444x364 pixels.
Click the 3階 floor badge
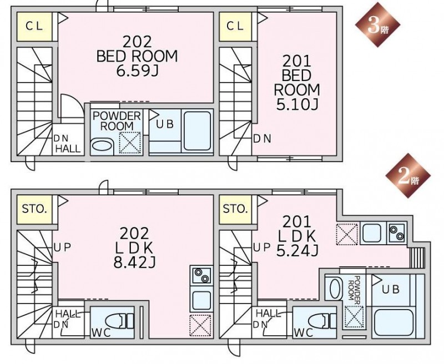(378, 25)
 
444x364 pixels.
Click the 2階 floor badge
(408, 176)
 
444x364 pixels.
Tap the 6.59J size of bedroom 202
(137, 71)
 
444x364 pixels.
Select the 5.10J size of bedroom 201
(297, 104)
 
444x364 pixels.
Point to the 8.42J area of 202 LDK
(134, 262)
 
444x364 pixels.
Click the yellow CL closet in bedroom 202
(34, 27)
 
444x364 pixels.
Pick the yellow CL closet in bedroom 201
(235, 27)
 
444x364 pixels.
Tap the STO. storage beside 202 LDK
(34, 209)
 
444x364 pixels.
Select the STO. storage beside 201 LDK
(235, 209)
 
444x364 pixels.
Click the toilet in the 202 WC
(119, 321)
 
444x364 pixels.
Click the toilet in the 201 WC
(322, 321)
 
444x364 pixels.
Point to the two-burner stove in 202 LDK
(201, 275)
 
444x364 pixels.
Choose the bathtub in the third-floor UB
(198, 131)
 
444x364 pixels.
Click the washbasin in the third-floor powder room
(102, 146)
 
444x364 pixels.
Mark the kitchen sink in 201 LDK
(372, 232)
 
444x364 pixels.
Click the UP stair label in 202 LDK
(62, 247)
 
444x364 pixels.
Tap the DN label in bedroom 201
(262, 139)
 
